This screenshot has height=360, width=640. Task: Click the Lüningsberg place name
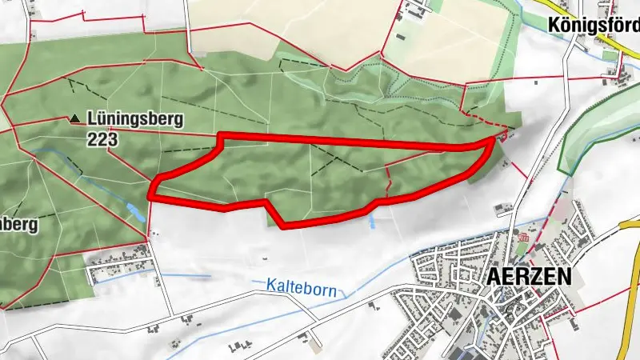(136, 120)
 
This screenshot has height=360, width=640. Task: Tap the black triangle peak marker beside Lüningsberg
(75, 119)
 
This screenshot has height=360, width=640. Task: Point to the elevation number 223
(104, 139)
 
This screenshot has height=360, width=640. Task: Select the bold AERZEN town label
(528, 277)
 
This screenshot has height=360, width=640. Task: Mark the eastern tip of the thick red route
(490, 141)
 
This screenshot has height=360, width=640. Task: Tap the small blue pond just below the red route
(373, 222)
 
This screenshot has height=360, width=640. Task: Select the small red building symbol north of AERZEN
(523, 238)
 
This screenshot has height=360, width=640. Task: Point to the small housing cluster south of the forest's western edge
(120, 268)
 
